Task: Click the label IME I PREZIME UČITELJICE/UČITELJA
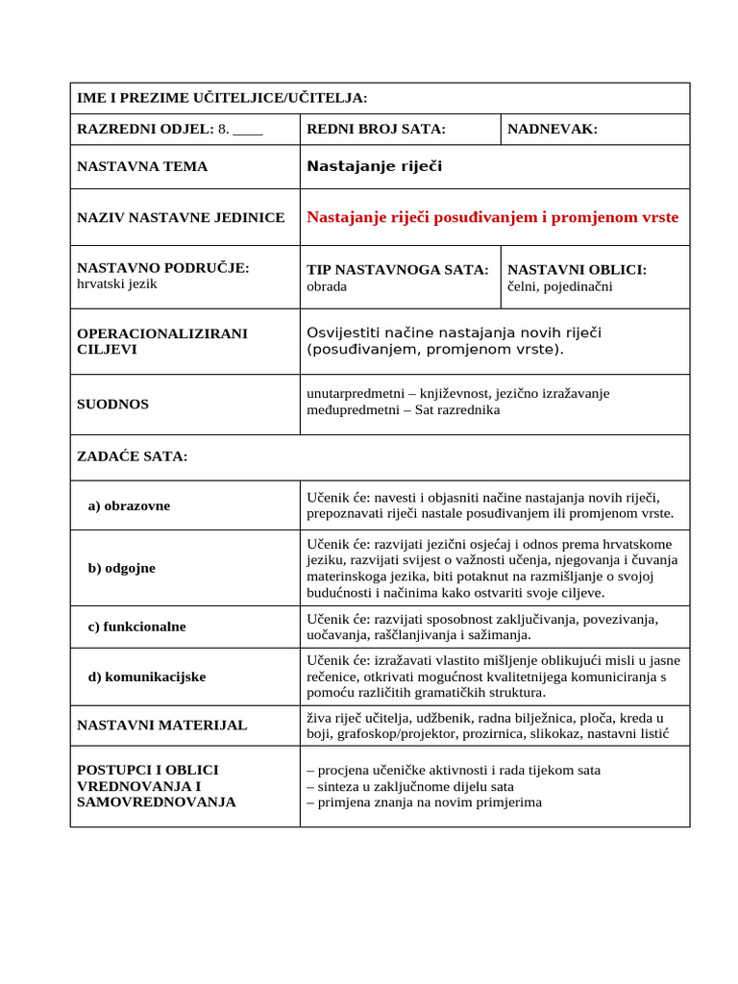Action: (222, 98)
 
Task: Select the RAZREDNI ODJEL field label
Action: (145, 129)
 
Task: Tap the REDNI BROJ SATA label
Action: (376, 129)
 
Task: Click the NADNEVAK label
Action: (552, 129)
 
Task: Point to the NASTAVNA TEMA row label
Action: (142, 166)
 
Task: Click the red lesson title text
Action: (492, 217)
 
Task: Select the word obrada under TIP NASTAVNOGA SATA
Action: (327, 286)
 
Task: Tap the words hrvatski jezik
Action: (116, 283)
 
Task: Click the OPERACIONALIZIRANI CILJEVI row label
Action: (162, 341)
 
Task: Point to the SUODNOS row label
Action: (112, 405)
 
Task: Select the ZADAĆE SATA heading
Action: (132, 456)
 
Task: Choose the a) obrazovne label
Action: (129, 505)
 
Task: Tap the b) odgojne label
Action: (121, 568)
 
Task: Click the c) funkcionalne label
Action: (136, 627)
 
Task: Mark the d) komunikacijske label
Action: (146, 676)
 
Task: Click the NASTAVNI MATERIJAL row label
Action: (161, 726)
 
